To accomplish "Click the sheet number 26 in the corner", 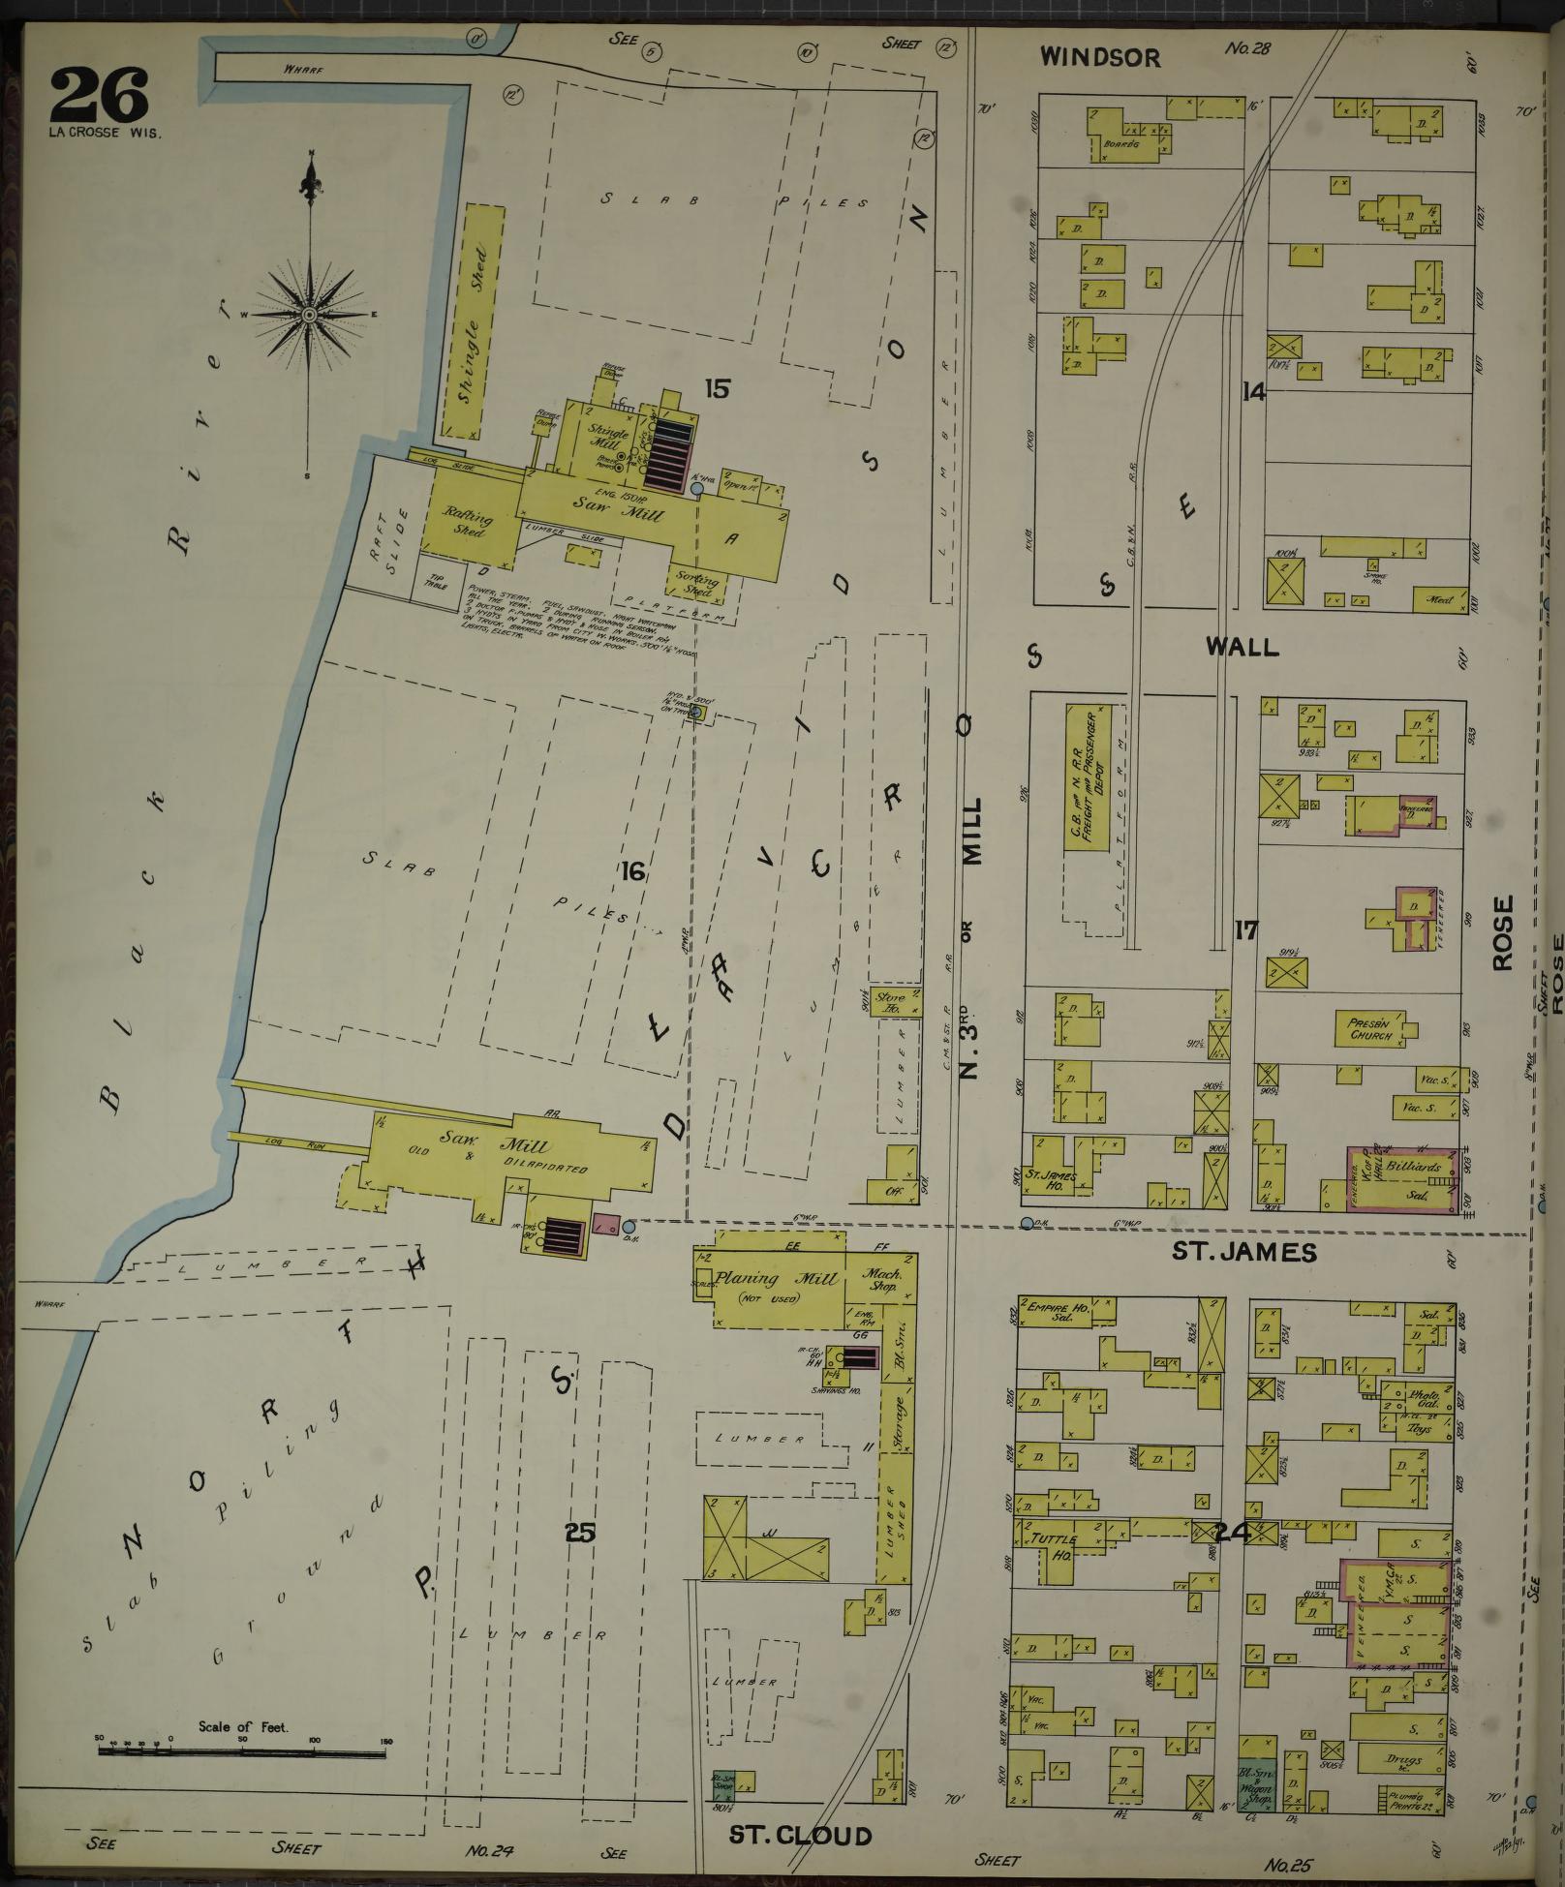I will pyautogui.click(x=99, y=95).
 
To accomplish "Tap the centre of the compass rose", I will pyautogui.click(x=309, y=315).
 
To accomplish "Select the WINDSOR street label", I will pyautogui.click(x=1099, y=57).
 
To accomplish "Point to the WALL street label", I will pyautogui.click(x=1242, y=647).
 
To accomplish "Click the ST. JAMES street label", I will pyautogui.click(x=1244, y=1252).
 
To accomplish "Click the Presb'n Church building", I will pyautogui.click(x=1370, y=1028).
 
